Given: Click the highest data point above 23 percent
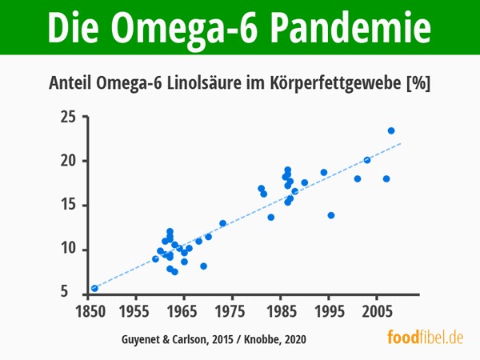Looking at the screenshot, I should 391,130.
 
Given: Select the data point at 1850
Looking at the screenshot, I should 94,288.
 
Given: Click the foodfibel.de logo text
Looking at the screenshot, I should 426,337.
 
